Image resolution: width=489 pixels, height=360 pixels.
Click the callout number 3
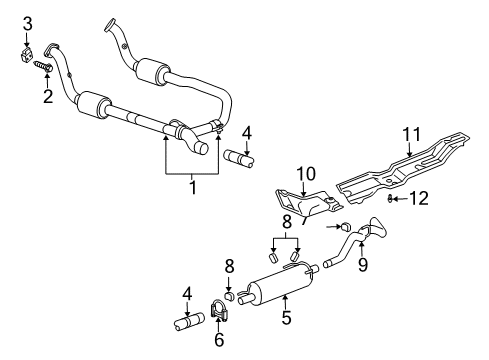pos(28,23)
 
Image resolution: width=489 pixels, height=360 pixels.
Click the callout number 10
pos(306,173)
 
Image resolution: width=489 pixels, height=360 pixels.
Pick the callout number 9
pos(362,265)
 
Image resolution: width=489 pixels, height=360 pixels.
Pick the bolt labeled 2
pos(44,68)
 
